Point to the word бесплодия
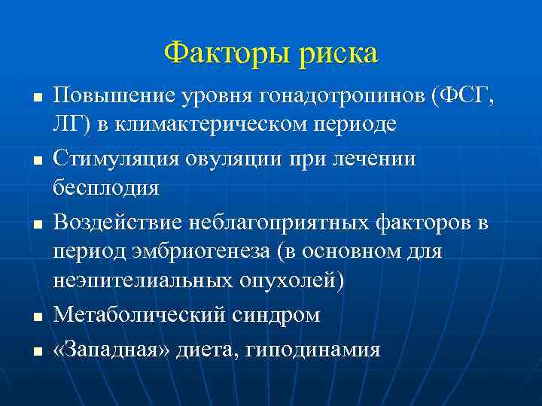tap(105, 187)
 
